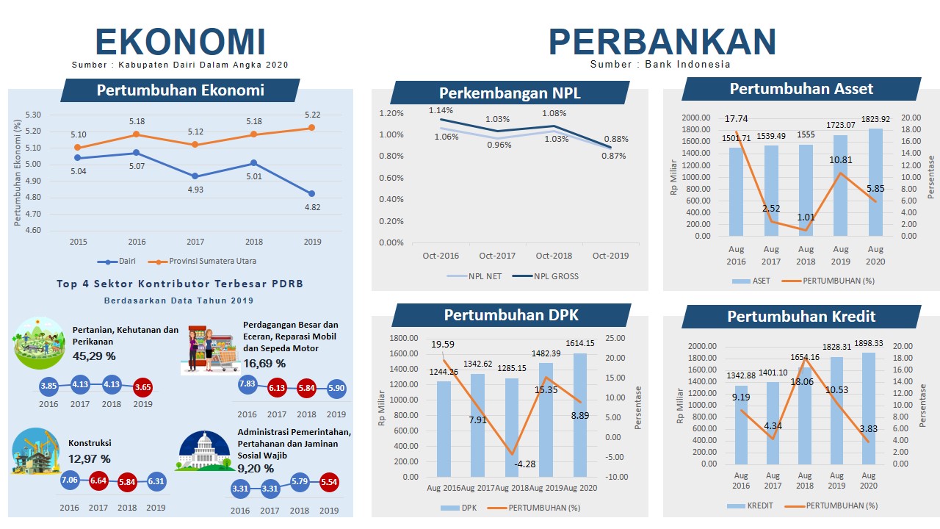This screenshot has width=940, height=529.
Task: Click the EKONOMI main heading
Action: pyautogui.click(x=180, y=42)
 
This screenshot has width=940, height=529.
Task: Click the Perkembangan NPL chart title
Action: pyautogui.click(x=509, y=93)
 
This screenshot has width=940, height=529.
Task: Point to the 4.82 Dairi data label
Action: pyautogui.click(x=311, y=208)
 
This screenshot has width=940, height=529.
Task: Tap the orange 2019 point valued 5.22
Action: pyautogui.click(x=311, y=127)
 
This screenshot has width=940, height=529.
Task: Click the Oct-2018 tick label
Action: pyautogui.click(x=554, y=256)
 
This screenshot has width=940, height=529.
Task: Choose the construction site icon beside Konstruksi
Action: pyautogui.click(x=35, y=450)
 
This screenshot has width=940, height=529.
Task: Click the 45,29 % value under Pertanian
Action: pyautogui.click(x=94, y=356)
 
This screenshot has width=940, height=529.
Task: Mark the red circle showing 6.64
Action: pyautogui.click(x=98, y=481)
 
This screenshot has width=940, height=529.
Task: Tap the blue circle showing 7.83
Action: pyautogui.click(x=247, y=384)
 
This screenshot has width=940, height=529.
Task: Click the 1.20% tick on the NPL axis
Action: pyautogui.click(x=391, y=113)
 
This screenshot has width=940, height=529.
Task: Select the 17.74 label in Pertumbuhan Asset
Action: pyautogui.click(x=736, y=119)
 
